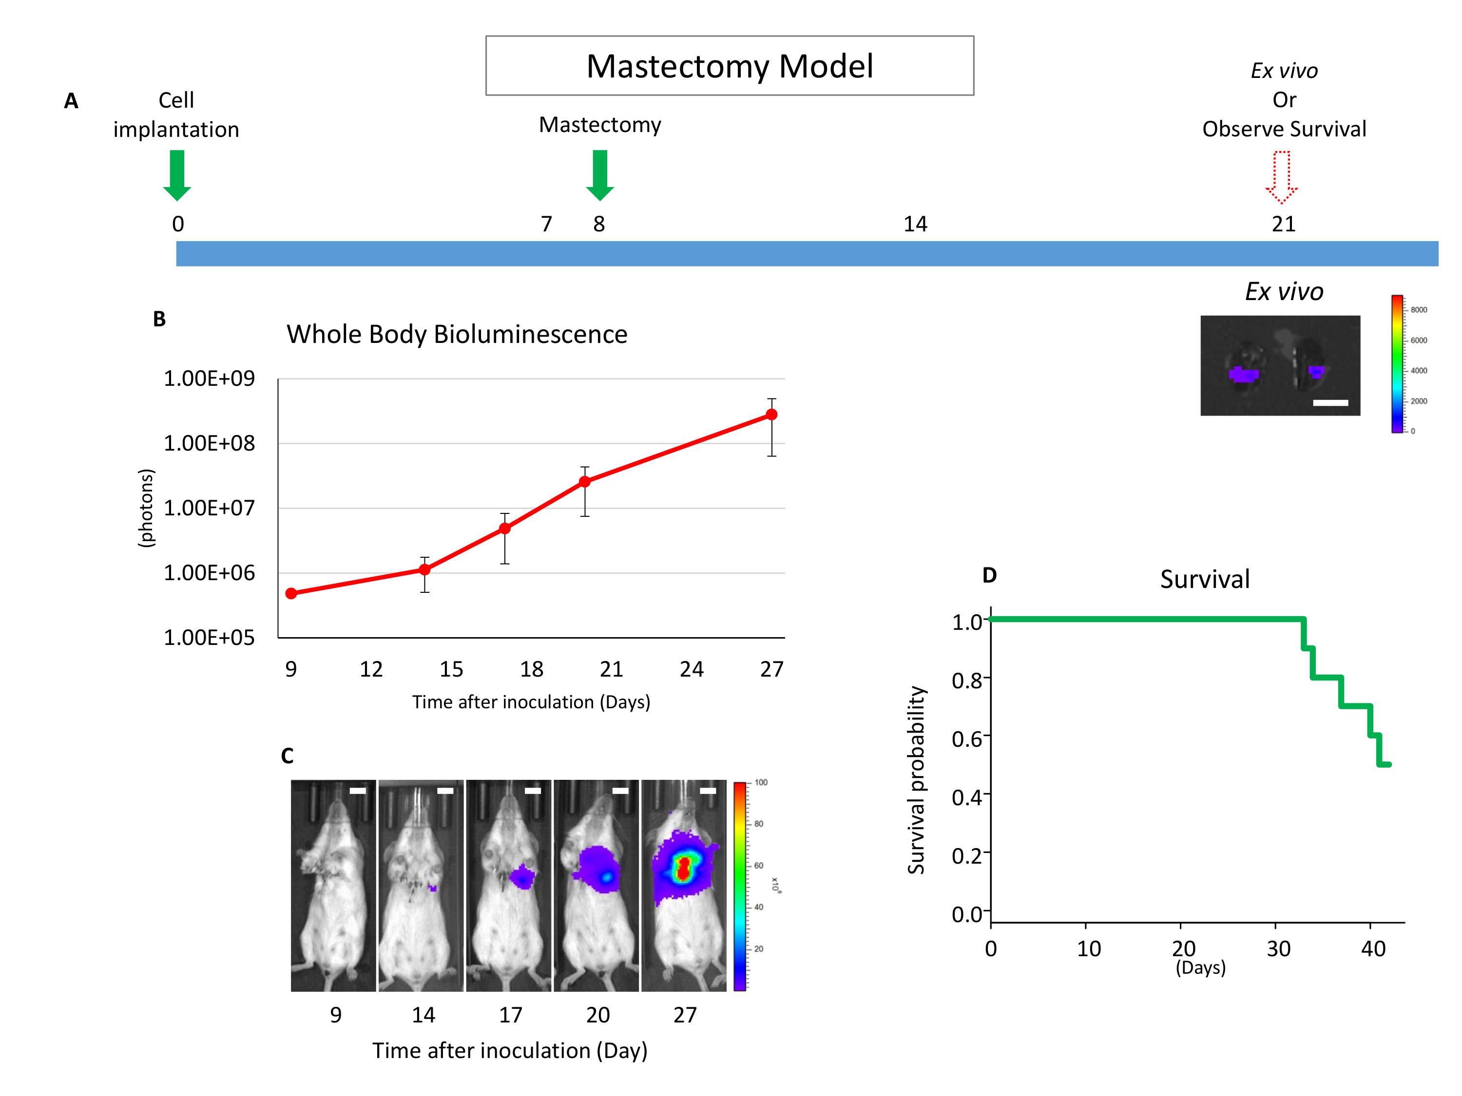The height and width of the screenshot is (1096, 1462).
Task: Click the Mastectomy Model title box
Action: pos(729,65)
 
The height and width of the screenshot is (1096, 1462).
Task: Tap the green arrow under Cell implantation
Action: pos(177,174)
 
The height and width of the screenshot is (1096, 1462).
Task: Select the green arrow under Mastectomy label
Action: pos(599,174)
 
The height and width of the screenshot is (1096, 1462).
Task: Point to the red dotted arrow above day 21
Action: pos(1282,176)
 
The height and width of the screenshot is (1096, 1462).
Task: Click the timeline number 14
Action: pos(915,224)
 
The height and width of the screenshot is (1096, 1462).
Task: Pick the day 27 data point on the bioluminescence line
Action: pos(771,414)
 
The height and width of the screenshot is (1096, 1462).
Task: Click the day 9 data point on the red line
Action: pos(291,593)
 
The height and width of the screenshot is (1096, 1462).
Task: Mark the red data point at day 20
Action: pos(585,482)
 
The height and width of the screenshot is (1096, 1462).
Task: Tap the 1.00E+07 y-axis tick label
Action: pos(209,508)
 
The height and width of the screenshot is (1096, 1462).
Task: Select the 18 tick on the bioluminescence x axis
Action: pos(531,669)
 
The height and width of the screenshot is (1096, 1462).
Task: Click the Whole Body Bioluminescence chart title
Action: pos(457,334)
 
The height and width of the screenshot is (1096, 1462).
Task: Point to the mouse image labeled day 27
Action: pos(684,885)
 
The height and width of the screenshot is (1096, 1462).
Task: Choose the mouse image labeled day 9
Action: pos(333,885)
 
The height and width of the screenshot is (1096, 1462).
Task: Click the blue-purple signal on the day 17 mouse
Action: pos(523,877)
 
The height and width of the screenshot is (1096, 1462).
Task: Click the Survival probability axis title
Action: pos(916,779)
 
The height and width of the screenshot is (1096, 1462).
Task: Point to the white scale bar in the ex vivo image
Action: pos(1330,402)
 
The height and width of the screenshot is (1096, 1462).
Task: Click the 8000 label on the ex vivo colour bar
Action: pos(1418,310)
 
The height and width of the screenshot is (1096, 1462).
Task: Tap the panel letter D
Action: pos(989,575)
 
